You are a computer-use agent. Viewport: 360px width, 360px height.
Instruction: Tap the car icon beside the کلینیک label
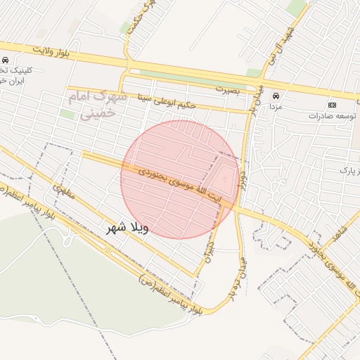[6, 60]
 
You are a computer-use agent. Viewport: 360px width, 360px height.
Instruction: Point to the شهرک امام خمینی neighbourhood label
[98, 103]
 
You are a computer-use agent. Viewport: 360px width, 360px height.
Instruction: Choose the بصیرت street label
[228, 90]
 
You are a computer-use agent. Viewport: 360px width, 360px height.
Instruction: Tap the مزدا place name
[276, 106]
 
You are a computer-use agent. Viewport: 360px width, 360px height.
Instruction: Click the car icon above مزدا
[276, 96]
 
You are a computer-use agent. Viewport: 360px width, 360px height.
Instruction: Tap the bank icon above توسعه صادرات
[333, 104]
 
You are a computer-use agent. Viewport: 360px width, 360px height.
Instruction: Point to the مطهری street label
[63, 195]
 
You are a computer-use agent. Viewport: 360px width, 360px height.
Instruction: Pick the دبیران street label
[209, 254]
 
